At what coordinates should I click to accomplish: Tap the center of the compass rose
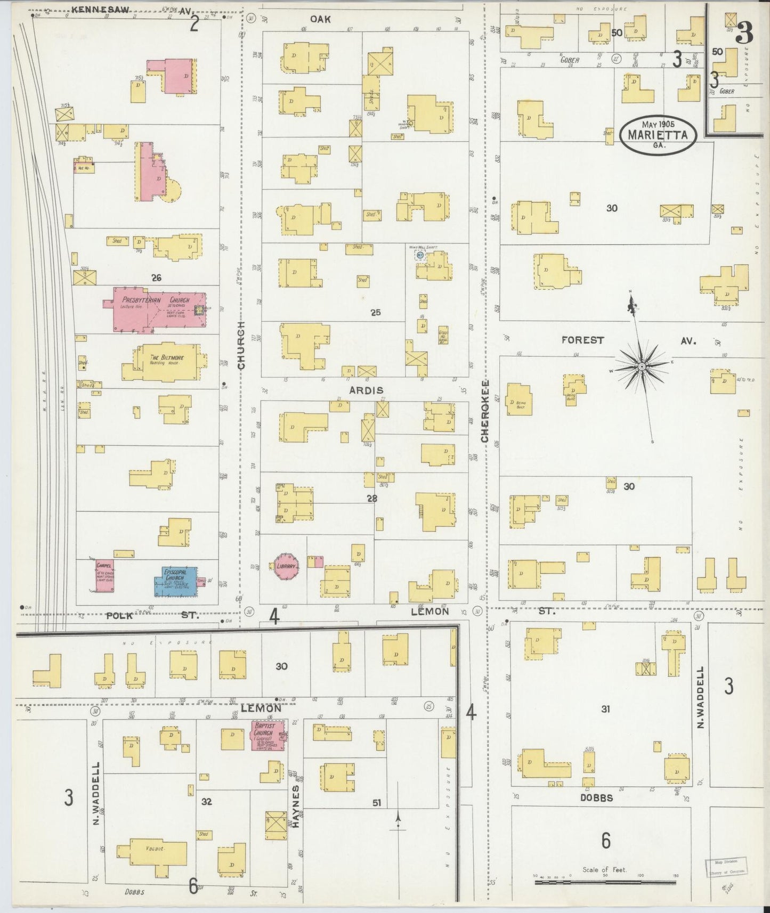(x=642, y=367)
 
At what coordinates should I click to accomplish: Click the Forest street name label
(x=582, y=340)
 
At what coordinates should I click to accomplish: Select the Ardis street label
(x=366, y=390)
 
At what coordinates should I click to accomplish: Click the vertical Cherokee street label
(x=485, y=411)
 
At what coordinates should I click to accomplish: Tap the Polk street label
(x=119, y=615)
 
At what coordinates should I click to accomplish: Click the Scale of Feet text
(x=604, y=870)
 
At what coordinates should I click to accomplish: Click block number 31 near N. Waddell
(x=605, y=709)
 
